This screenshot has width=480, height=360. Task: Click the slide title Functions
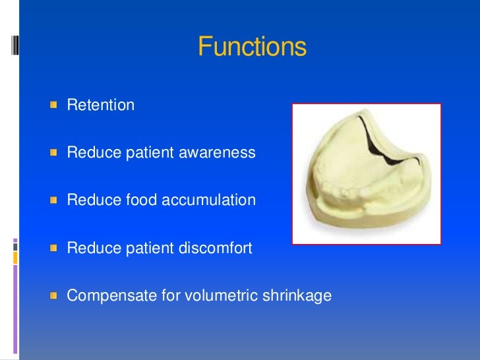[x=252, y=47]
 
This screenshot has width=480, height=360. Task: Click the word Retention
[x=100, y=105]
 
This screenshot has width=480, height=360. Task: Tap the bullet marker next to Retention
[x=54, y=105]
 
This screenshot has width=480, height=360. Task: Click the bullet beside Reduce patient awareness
[x=54, y=153]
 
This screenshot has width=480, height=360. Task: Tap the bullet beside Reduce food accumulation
[x=54, y=200]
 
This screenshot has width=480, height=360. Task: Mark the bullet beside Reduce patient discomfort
[x=54, y=249]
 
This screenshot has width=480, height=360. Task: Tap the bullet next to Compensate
[x=54, y=296]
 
